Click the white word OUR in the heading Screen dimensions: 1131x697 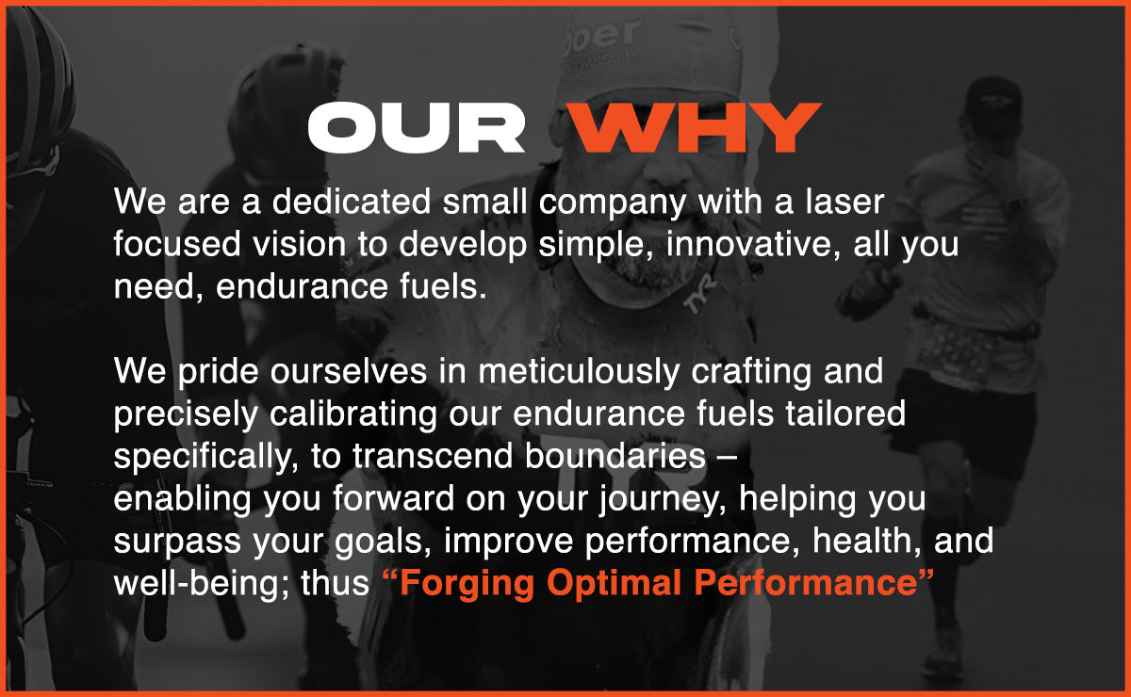tap(417, 128)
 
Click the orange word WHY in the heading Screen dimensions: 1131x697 tap(694, 128)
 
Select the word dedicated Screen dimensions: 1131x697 tap(352, 202)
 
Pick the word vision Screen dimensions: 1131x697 tap(300, 244)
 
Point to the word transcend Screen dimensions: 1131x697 tap(433, 456)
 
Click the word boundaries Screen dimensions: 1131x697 tap(615, 456)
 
